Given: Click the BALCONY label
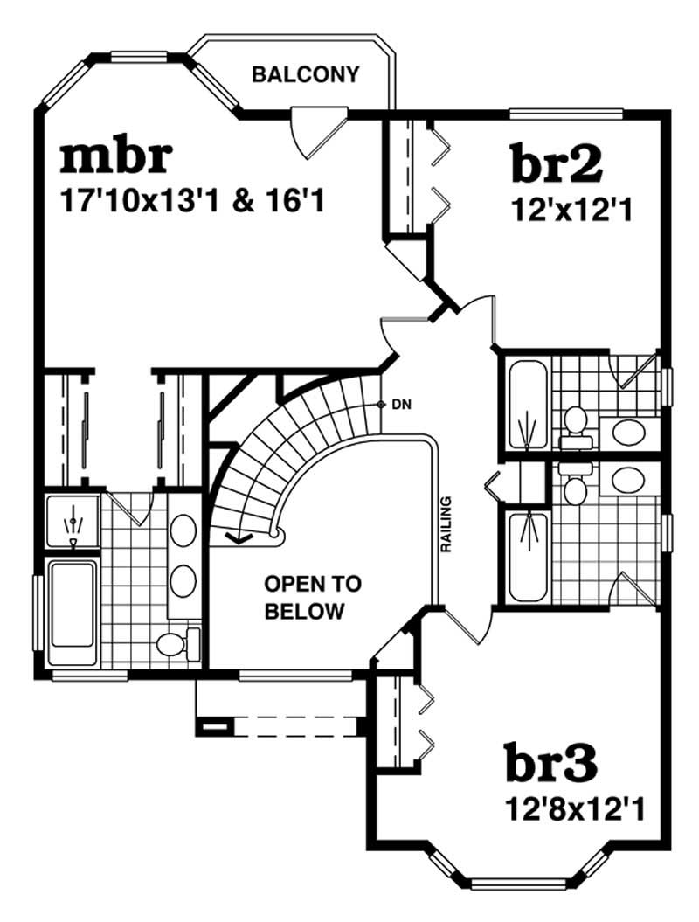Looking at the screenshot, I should [305, 74].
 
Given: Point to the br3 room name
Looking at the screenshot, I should [551, 764].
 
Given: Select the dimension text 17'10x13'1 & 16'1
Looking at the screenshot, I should [192, 203].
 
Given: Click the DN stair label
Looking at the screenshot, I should [401, 405].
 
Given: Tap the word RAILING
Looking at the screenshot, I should [446, 524].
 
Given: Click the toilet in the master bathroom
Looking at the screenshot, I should [175, 644].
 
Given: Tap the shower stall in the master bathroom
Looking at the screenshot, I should [72, 523].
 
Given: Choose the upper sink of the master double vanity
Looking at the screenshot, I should [183, 529].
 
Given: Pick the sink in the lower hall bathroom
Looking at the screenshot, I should [626, 479].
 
